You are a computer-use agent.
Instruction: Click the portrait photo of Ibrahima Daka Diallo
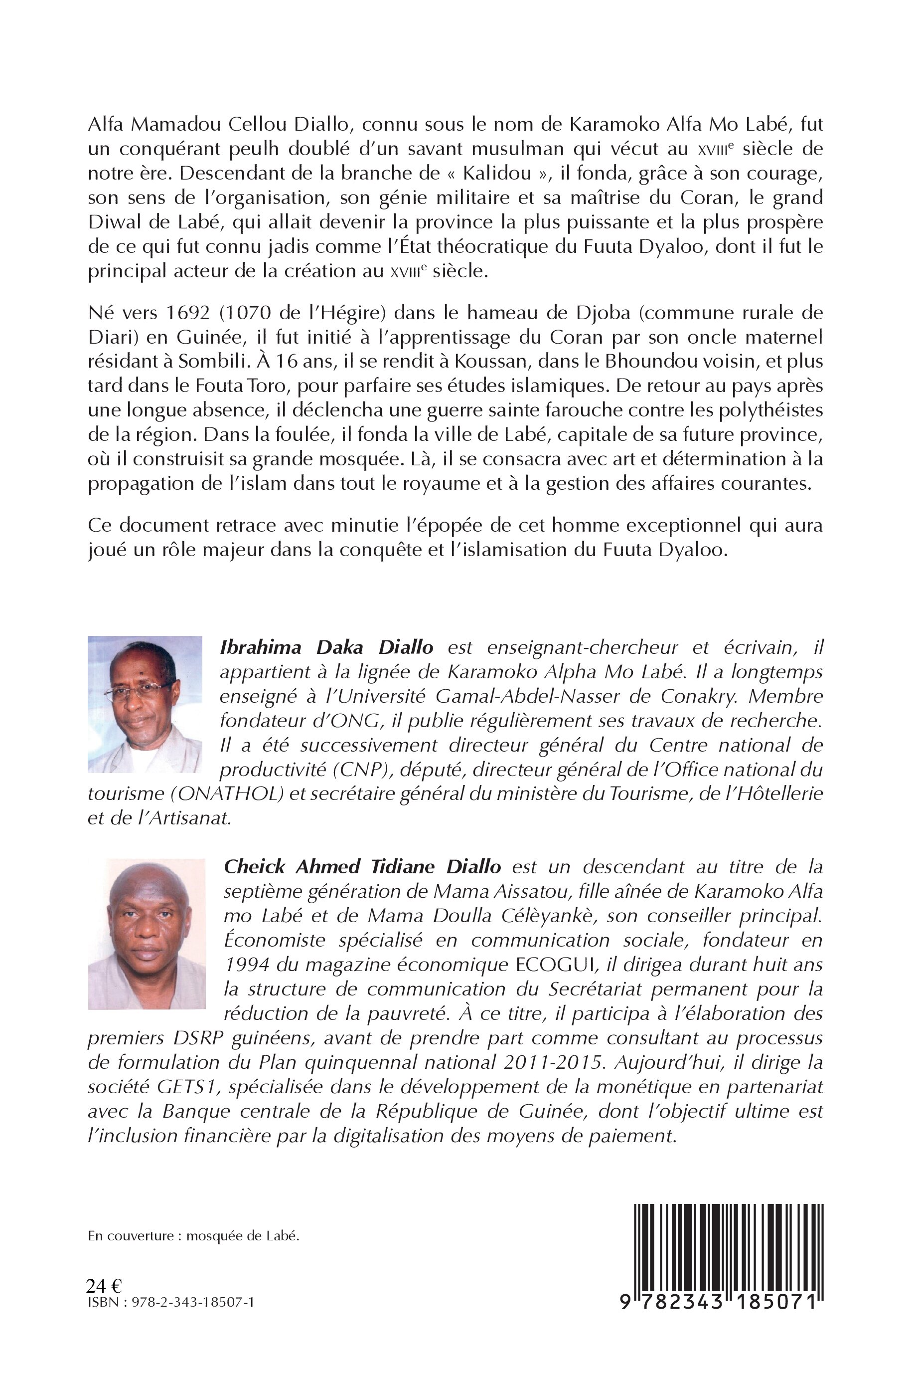tap(145, 704)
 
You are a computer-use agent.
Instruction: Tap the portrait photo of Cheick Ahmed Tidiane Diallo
tap(147, 934)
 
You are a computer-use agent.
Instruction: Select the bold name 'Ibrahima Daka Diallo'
tap(326, 647)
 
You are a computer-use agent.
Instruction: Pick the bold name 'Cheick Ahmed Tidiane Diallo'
tap(362, 867)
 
